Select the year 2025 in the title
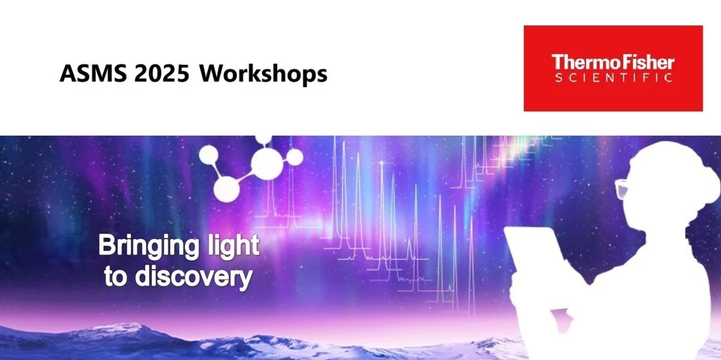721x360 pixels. (x=163, y=73)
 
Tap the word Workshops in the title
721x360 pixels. (x=263, y=73)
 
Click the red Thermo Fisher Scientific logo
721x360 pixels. (x=612, y=68)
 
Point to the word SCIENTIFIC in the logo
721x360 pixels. (x=613, y=77)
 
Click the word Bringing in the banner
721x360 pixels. (x=148, y=246)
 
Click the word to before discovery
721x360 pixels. (x=115, y=276)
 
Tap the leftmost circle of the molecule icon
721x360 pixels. (x=209, y=153)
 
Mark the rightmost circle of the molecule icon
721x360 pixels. (x=295, y=158)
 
